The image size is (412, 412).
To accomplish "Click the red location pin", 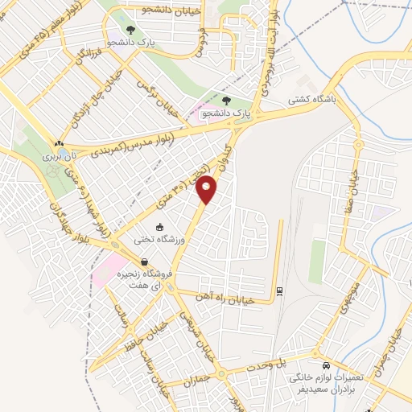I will point(208,190).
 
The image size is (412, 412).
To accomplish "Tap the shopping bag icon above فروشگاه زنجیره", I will point(144,262).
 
